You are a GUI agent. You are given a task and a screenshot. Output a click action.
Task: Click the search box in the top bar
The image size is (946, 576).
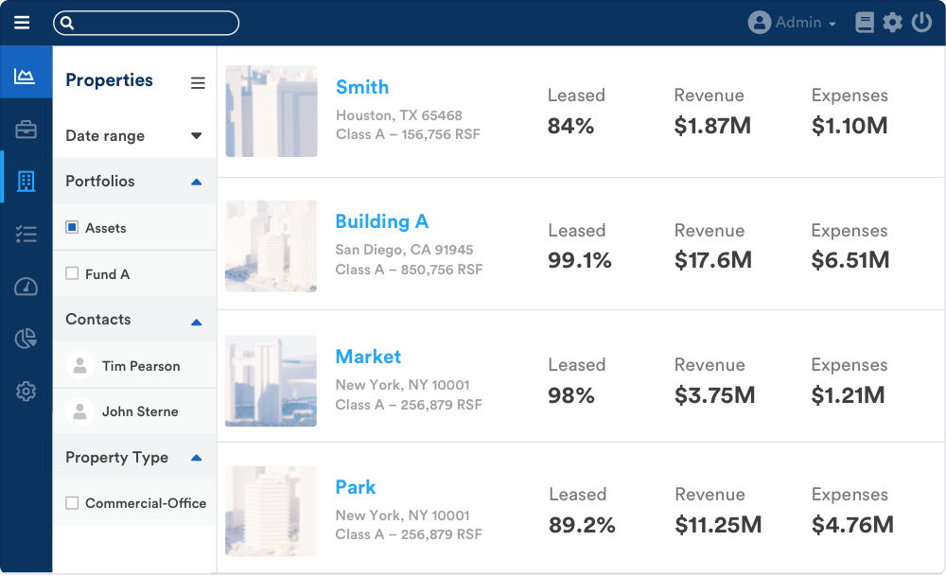tap(147, 23)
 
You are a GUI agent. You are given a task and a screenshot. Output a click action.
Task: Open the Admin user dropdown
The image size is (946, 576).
tap(793, 23)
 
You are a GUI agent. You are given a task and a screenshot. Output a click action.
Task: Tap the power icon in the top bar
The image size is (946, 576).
tap(921, 23)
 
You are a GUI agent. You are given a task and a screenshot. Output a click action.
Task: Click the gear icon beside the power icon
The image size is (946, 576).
tap(893, 23)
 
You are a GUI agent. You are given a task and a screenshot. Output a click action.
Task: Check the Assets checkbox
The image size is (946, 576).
tap(72, 228)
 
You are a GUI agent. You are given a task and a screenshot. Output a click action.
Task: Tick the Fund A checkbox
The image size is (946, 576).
tap(72, 273)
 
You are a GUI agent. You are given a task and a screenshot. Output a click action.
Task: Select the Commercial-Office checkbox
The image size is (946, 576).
tap(72, 503)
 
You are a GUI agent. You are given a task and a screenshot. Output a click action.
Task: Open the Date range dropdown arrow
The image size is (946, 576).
tap(197, 135)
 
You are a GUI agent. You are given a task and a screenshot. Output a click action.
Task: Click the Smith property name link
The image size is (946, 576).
tap(362, 87)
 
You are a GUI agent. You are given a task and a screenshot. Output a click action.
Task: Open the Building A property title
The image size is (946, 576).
tap(382, 221)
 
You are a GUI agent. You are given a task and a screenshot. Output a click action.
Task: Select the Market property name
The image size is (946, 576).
tap(368, 357)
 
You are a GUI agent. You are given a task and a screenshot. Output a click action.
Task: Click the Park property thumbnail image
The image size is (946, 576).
tap(271, 511)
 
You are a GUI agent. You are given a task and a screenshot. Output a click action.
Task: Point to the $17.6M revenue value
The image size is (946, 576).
tap(713, 260)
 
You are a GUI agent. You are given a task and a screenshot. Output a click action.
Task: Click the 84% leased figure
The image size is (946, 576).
tap(570, 126)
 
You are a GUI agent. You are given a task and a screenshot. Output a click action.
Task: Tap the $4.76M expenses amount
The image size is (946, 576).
tap(852, 525)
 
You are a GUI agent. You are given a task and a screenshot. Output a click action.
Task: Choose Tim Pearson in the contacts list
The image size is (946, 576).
tap(141, 366)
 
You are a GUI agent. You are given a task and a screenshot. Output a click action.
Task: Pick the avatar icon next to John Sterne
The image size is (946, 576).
tap(80, 411)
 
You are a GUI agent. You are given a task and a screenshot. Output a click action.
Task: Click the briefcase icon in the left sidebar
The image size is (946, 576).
tap(26, 130)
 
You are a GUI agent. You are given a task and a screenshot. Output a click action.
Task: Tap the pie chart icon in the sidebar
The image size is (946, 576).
tap(26, 339)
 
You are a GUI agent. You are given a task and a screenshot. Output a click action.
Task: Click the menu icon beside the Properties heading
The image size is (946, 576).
tap(198, 83)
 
